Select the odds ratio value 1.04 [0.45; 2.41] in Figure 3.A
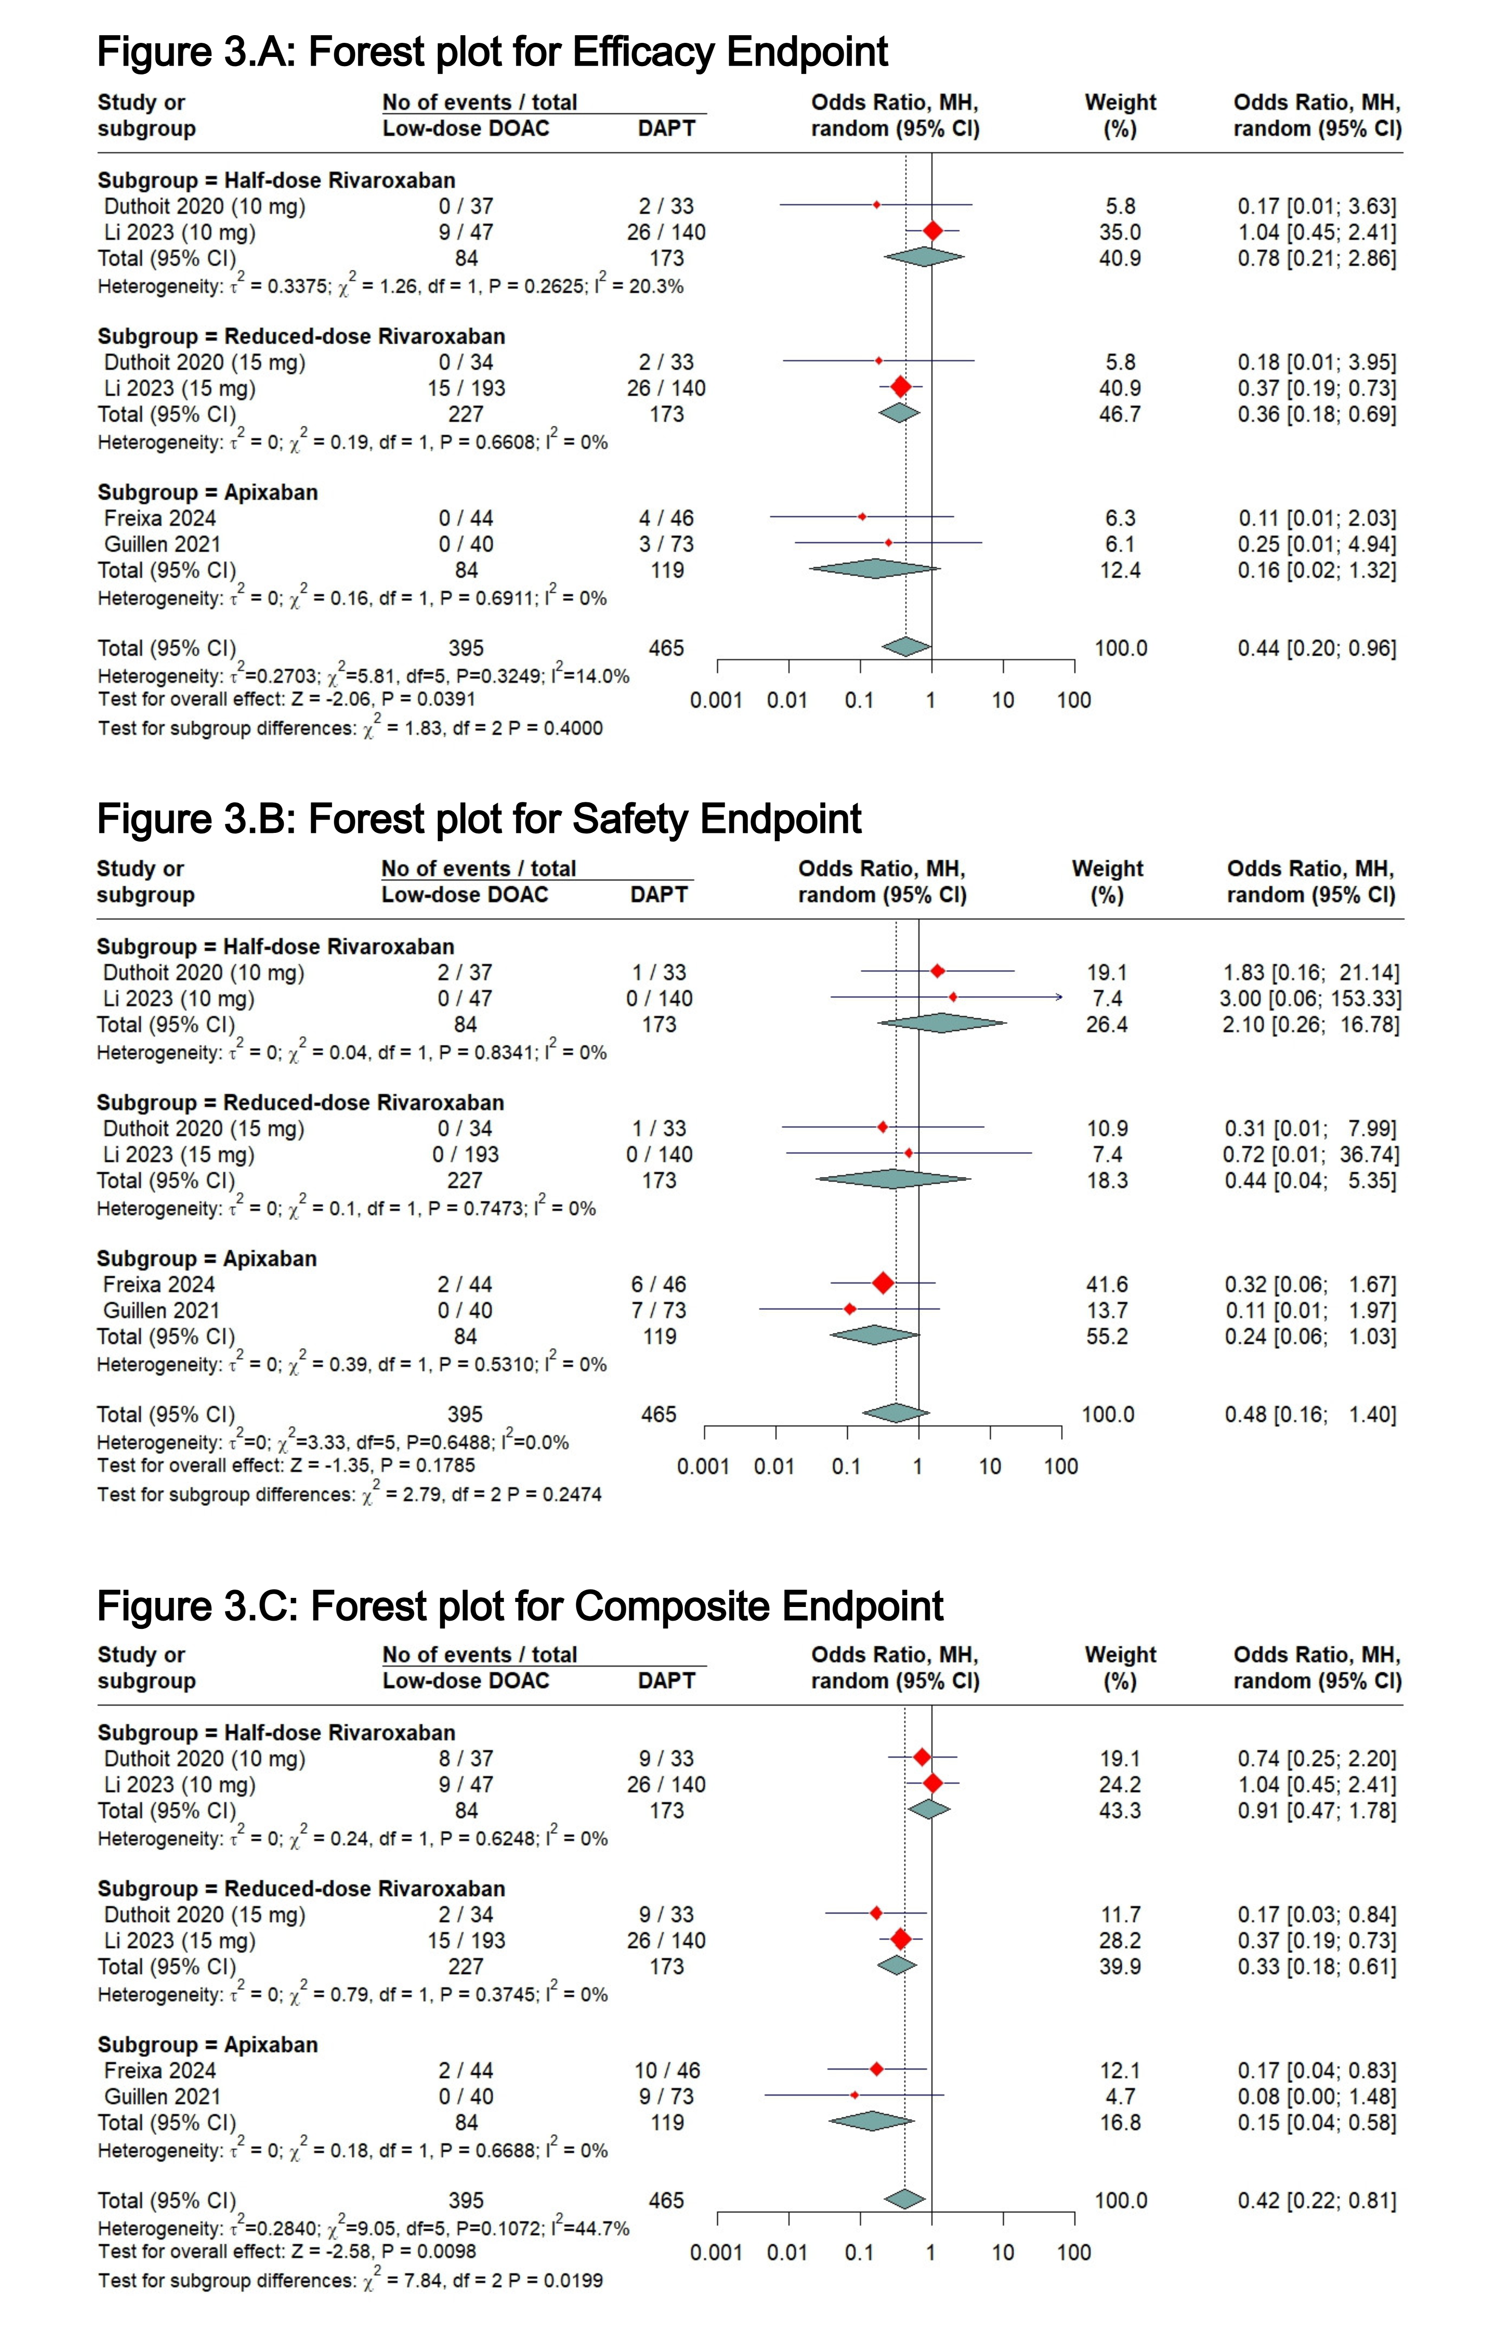tap(1317, 232)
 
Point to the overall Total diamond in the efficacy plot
tap(907, 647)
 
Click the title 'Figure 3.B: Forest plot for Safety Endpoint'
tap(479, 819)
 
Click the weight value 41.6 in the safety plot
tap(1107, 1285)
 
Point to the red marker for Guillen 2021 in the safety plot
tap(850, 1309)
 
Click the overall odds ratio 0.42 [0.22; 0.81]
tap(1317, 2200)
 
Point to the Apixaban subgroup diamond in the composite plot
tap(871, 2121)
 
